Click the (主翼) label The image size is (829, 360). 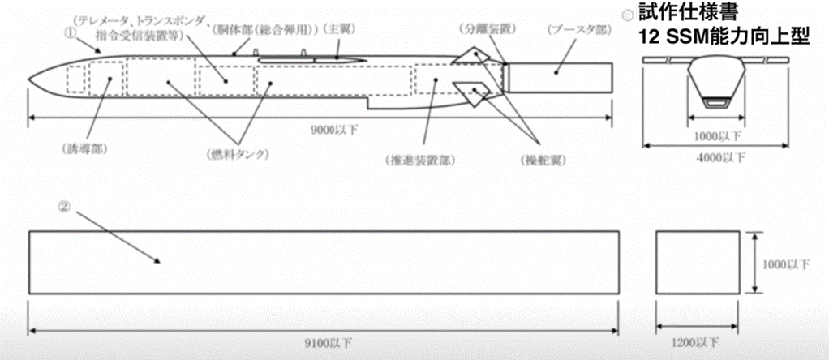(x=340, y=28)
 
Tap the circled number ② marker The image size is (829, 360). (x=64, y=206)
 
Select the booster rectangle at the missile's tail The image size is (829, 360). (x=559, y=76)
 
